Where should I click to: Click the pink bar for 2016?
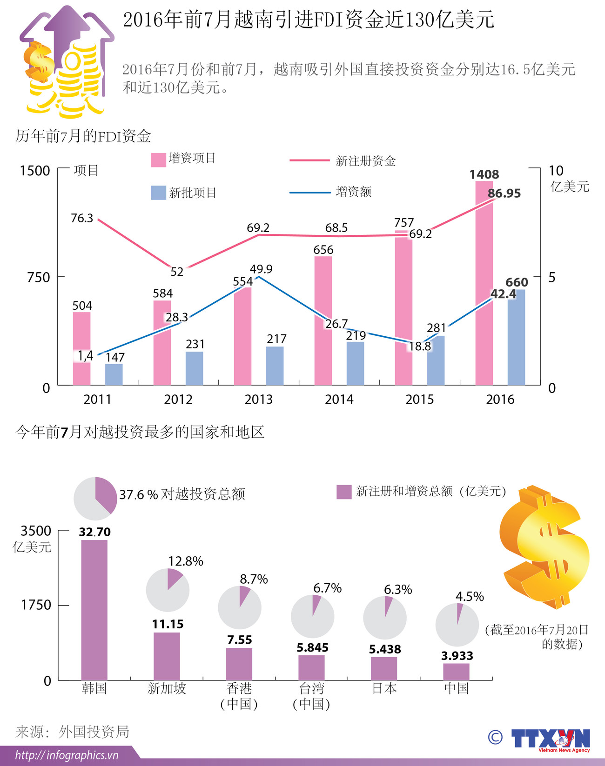(484, 284)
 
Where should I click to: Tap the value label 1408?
(484, 174)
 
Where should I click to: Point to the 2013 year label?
(259, 400)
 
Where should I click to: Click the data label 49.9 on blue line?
(261, 269)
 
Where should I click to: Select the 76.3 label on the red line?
(82, 218)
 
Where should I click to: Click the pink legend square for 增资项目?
(159, 160)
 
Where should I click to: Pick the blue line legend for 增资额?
(309, 192)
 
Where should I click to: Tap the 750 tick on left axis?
(39, 277)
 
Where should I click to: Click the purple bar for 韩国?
(94, 609)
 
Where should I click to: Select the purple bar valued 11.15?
(167, 656)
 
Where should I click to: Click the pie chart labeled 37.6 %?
(95, 499)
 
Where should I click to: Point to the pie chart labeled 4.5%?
(457, 625)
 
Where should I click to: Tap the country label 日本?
(384, 688)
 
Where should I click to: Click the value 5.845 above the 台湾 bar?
(312, 647)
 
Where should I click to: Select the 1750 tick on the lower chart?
(36, 605)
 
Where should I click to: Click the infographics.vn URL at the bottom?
(67, 755)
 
